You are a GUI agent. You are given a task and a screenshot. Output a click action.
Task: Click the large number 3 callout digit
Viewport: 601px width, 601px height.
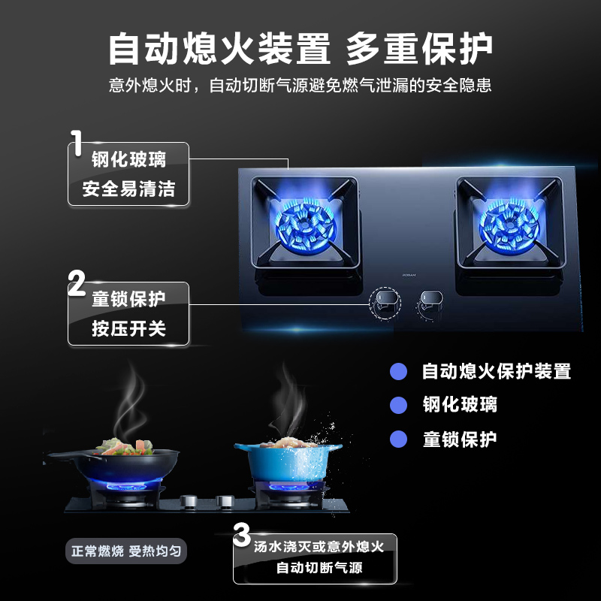click(x=241, y=536)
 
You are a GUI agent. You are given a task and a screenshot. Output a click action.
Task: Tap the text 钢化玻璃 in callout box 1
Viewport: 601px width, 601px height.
click(x=128, y=159)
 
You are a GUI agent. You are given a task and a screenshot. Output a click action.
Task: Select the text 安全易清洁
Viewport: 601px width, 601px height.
click(x=128, y=189)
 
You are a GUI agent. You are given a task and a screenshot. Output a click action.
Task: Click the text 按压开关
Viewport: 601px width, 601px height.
click(x=128, y=329)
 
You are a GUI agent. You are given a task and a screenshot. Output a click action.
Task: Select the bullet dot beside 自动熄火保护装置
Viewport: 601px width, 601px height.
click(x=399, y=371)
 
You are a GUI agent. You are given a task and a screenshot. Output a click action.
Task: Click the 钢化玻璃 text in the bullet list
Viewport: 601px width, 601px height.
click(x=460, y=406)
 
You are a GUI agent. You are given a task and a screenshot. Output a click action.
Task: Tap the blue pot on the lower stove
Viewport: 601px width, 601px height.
click(x=287, y=459)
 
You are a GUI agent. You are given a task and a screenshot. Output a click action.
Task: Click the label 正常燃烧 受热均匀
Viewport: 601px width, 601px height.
click(x=126, y=551)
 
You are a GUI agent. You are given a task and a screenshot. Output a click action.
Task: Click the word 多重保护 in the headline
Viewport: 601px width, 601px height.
click(x=419, y=50)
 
